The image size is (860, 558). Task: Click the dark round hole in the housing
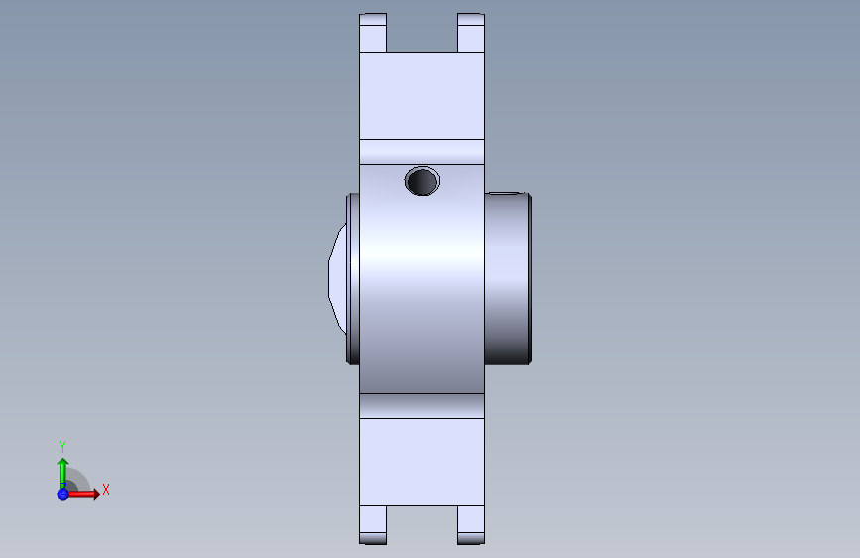click(423, 181)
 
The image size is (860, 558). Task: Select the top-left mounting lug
click(372, 32)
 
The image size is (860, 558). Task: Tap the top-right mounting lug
click(471, 32)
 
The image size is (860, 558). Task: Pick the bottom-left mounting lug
click(372, 524)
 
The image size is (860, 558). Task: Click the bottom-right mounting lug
click(471, 524)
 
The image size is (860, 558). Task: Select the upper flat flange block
click(422, 95)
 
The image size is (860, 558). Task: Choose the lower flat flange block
click(422, 462)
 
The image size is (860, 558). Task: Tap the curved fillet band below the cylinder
click(422, 405)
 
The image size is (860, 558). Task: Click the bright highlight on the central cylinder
click(422, 263)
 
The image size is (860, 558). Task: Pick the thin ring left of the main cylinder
click(351, 278)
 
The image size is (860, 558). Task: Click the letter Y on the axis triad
click(62, 446)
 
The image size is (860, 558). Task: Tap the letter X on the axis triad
click(105, 489)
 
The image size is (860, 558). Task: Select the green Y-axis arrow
click(62, 471)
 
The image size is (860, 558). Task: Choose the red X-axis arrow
click(85, 493)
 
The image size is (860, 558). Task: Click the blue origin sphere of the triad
click(62, 493)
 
